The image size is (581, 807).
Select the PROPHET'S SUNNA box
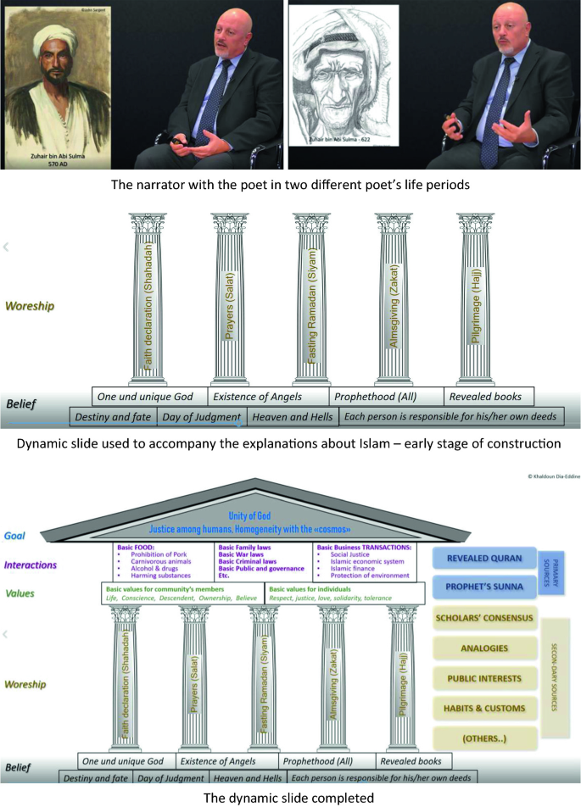(x=485, y=587)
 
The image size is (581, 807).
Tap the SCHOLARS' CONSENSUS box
(x=485, y=618)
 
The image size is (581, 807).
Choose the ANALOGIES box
(x=485, y=648)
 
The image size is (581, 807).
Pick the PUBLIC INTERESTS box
(x=485, y=678)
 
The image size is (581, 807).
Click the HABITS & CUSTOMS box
(x=485, y=708)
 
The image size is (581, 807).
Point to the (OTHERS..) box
(x=485, y=737)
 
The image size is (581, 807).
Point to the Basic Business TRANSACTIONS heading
(x=366, y=548)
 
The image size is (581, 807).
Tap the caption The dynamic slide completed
(x=290, y=796)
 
